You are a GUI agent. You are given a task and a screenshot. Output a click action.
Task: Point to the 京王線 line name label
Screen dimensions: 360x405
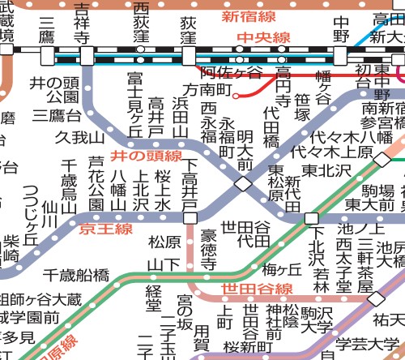pos(105,229)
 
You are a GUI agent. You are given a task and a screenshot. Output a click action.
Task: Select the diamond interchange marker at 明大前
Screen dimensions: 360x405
pos(243,184)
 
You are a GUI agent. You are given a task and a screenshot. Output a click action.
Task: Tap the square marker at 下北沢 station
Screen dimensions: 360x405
pos(311,217)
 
